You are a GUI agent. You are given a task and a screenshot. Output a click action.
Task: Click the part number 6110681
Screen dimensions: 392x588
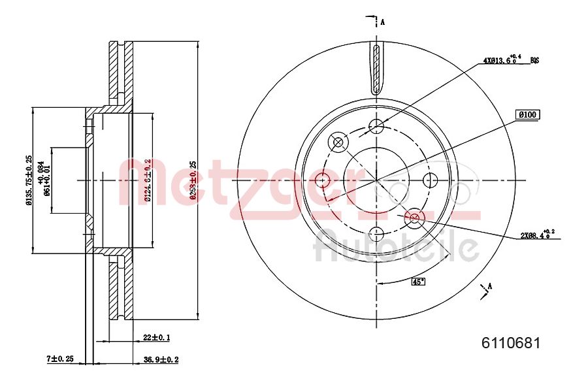(510, 342)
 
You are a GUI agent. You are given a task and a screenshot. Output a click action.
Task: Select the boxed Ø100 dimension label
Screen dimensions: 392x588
(527, 114)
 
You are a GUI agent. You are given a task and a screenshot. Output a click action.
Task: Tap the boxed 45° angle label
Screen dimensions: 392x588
(417, 282)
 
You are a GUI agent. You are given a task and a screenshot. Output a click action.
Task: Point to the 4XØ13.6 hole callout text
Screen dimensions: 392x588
(505, 61)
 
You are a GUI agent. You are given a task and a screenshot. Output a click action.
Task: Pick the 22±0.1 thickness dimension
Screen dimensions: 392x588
(156, 337)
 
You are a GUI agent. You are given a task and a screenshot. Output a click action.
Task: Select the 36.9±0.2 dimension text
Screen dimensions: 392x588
(161, 359)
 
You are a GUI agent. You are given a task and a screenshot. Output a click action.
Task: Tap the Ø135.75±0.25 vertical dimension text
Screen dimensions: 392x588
(29, 180)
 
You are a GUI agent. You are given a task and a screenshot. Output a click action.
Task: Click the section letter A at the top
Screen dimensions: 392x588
(383, 22)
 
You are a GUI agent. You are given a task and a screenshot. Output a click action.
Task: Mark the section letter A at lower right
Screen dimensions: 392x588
(490, 285)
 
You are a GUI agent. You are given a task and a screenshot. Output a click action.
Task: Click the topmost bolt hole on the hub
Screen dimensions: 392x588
(376, 126)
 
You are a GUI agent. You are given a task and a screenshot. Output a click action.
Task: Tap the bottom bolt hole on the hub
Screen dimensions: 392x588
(376, 233)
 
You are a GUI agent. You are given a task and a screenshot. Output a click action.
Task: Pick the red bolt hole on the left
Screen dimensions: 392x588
(322, 180)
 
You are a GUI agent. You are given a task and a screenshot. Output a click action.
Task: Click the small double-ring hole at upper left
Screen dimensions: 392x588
(338, 142)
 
